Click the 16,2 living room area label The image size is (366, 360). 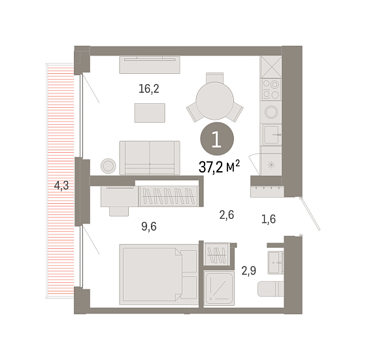tap(149, 89)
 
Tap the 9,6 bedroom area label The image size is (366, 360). tap(149, 226)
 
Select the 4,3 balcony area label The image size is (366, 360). tap(61, 186)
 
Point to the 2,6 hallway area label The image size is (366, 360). tap(227, 215)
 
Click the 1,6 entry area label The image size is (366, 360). tap(269, 219)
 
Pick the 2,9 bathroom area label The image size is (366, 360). tap(249, 270)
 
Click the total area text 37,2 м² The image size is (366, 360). tap(219, 167)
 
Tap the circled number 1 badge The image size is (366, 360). tap(217, 139)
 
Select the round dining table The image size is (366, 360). tap(215, 101)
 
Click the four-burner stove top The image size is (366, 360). tap(271, 90)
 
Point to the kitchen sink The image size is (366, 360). tap(271, 135)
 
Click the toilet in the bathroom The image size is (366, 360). tap(271, 289)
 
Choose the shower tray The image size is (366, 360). tap(219, 288)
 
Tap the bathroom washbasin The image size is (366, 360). tap(275, 263)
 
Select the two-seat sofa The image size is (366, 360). tap(150, 157)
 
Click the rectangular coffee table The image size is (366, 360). tap(150, 113)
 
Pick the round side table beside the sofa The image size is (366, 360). tap(108, 166)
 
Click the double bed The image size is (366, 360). tap(158, 274)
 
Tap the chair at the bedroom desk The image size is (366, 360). tap(119, 212)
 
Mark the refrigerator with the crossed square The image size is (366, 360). tap(271, 67)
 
